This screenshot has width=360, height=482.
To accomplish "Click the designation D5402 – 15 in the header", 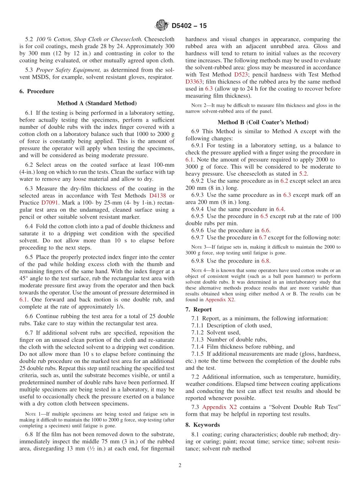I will [189, 26].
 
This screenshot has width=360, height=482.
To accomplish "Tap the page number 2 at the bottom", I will [180, 465].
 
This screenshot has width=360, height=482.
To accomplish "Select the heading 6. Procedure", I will [37, 91].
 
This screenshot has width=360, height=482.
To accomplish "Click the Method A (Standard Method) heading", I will [97, 103].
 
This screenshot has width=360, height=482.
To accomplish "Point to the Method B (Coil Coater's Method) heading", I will [263, 122].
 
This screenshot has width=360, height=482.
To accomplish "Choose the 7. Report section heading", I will [198, 310].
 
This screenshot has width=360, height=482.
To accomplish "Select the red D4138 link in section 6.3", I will [158, 196].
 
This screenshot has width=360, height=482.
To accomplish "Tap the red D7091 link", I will [50, 203].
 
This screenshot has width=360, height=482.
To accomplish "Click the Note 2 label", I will [199, 106].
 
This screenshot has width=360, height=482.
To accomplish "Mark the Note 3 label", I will [199, 247].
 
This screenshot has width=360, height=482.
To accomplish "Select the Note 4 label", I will [199, 270].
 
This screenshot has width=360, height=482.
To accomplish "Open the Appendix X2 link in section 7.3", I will [219, 407].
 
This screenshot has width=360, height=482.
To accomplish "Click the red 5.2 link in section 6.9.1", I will [303, 174].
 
